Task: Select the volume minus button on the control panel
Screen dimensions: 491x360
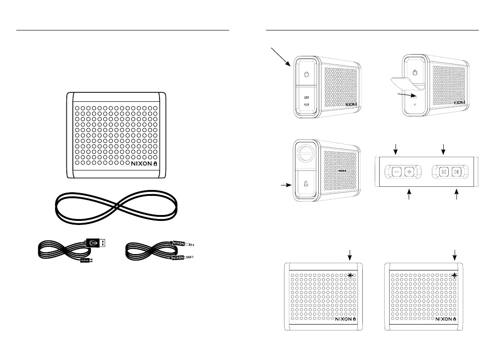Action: tap(396, 172)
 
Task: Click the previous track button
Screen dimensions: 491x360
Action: tap(444, 172)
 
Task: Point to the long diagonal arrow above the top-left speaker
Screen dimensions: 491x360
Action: tap(281, 56)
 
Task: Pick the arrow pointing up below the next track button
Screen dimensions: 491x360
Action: tap(457, 195)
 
